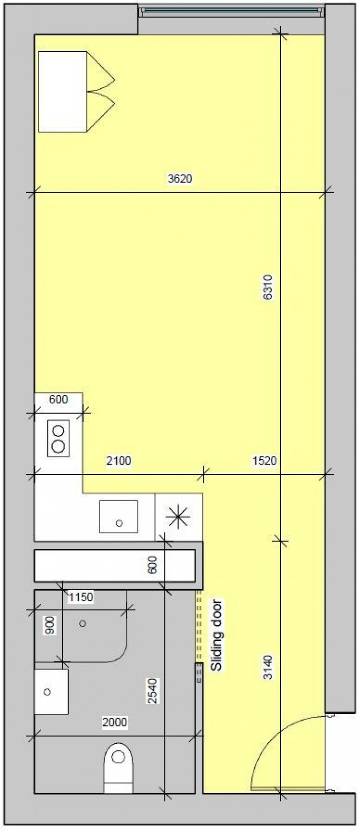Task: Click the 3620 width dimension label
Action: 180,179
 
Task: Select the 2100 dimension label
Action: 119,460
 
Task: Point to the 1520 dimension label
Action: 264,460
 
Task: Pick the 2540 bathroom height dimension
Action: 153,690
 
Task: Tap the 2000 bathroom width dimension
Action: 115,722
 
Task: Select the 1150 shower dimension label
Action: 80,597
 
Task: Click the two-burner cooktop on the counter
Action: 58,438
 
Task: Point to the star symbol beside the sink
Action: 178,517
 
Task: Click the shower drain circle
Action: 83,623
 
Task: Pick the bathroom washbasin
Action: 51,691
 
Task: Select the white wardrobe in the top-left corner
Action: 63,91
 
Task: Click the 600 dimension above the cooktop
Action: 58,399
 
